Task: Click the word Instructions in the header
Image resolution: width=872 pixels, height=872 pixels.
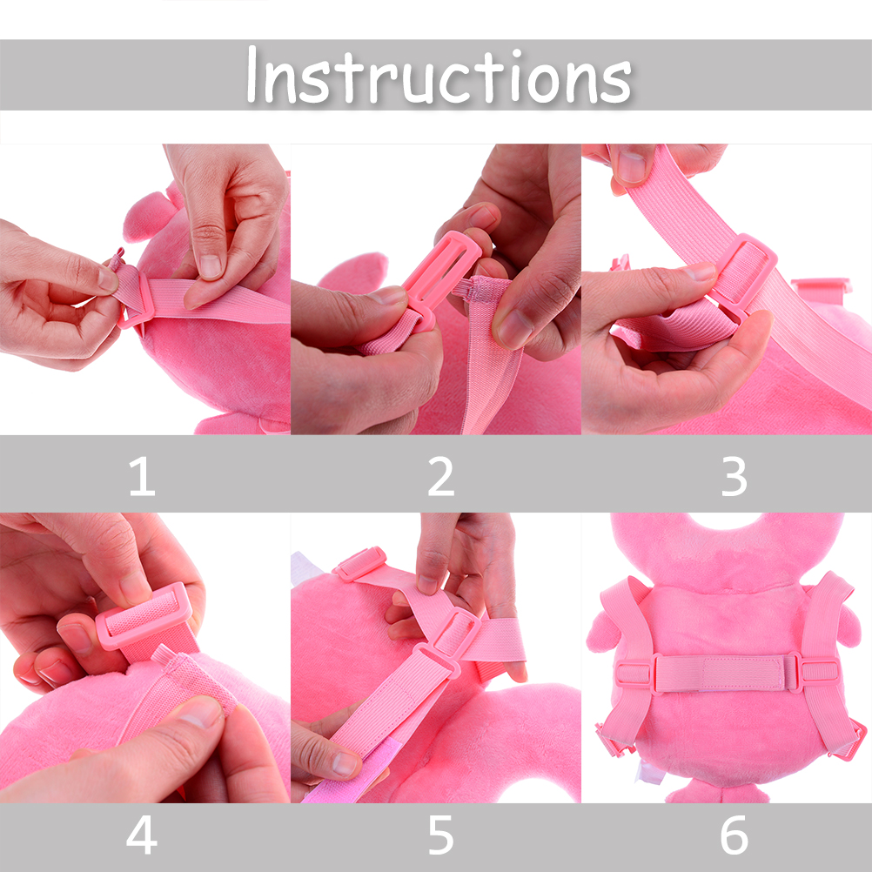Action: click(439, 77)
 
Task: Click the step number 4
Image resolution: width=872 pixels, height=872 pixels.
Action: click(142, 835)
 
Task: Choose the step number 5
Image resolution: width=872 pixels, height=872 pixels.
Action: click(441, 835)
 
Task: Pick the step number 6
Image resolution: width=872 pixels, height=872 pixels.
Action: click(734, 835)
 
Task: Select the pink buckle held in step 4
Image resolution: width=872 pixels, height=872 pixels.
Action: click(144, 616)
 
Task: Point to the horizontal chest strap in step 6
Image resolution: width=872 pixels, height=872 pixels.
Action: click(727, 673)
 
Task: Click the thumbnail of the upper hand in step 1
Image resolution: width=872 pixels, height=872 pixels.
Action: click(211, 266)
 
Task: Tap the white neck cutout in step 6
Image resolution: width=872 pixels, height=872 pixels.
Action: click(727, 520)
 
